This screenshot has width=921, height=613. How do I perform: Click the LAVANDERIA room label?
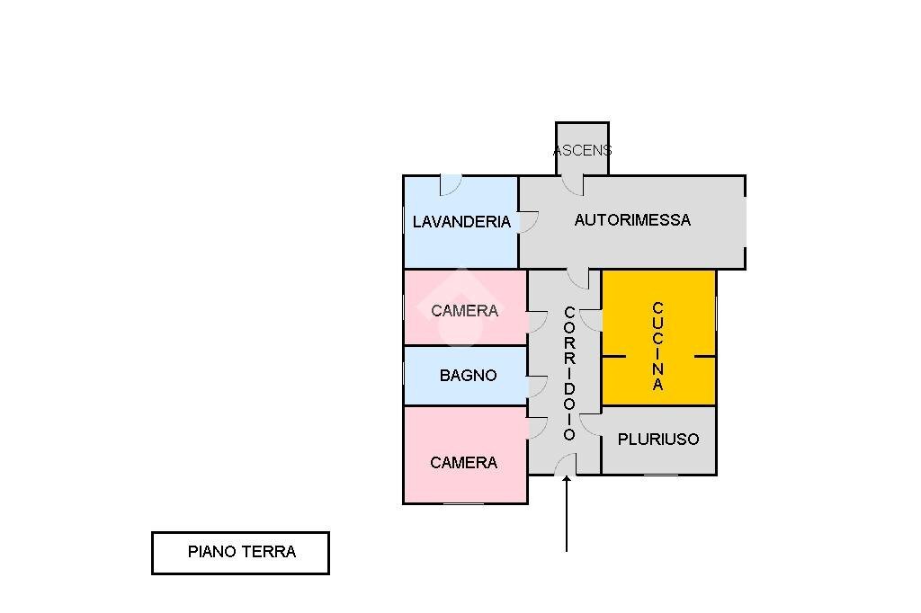(x=461, y=222)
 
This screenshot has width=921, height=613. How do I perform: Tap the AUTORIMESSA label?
(x=632, y=220)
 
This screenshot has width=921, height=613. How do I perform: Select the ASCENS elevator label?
(x=582, y=150)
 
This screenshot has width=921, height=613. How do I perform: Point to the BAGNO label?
(x=468, y=376)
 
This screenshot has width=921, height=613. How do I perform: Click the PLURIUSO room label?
(x=658, y=440)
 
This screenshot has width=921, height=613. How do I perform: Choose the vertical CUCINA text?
(x=658, y=346)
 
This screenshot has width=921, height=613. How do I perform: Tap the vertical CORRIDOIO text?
(x=569, y=373)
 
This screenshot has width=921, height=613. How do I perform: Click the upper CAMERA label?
(x=464, y=311)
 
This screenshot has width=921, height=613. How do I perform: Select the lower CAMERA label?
(x=464, y=463)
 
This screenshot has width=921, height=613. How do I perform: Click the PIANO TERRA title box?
(x=241, y=552)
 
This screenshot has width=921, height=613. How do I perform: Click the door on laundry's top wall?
(x=450, y=185)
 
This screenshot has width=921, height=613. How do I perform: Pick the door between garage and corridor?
(x=578, y=278)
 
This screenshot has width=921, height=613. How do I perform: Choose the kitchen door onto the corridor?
(x=592, y=319)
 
